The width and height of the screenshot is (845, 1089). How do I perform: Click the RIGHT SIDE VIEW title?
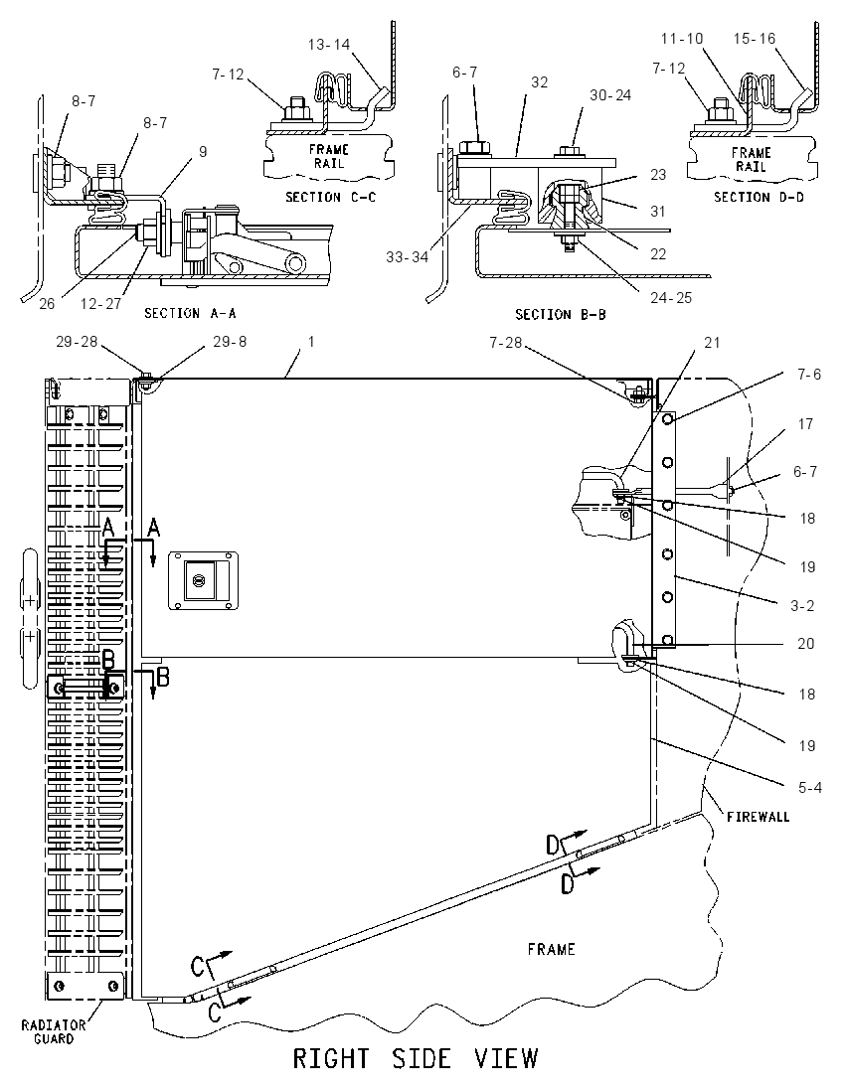pos(415,1058)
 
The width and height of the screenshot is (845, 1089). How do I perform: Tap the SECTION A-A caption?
pos(190,313)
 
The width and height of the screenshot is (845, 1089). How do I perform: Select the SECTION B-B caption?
pos(560,315)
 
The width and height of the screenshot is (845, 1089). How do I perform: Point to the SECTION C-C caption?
pos(331,198)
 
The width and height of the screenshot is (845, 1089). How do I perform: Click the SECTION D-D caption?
pos(759,198)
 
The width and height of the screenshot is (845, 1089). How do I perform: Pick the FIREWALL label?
pos(759,817)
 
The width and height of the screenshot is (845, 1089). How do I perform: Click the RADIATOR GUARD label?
pos(53,1031)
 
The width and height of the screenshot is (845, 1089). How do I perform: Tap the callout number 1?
pos(311,342)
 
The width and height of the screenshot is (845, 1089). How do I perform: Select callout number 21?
pos(712,343)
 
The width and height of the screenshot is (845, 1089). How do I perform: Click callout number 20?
pos(805,644)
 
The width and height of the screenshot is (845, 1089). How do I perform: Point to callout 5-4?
pos(809,788)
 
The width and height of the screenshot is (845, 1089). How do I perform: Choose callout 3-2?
pos(802,606)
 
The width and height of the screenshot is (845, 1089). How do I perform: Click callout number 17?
pos(805,423)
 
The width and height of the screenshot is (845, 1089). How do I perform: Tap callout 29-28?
pos(77,342)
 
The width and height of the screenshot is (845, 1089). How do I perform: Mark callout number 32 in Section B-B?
pos(539,81)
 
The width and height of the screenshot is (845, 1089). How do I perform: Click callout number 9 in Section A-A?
pos(203,151)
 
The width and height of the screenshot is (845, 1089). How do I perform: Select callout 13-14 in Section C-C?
pos(329,45)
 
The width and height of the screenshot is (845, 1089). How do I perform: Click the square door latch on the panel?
pos(204,580)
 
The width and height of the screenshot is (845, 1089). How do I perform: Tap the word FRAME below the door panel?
pos(551,949)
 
